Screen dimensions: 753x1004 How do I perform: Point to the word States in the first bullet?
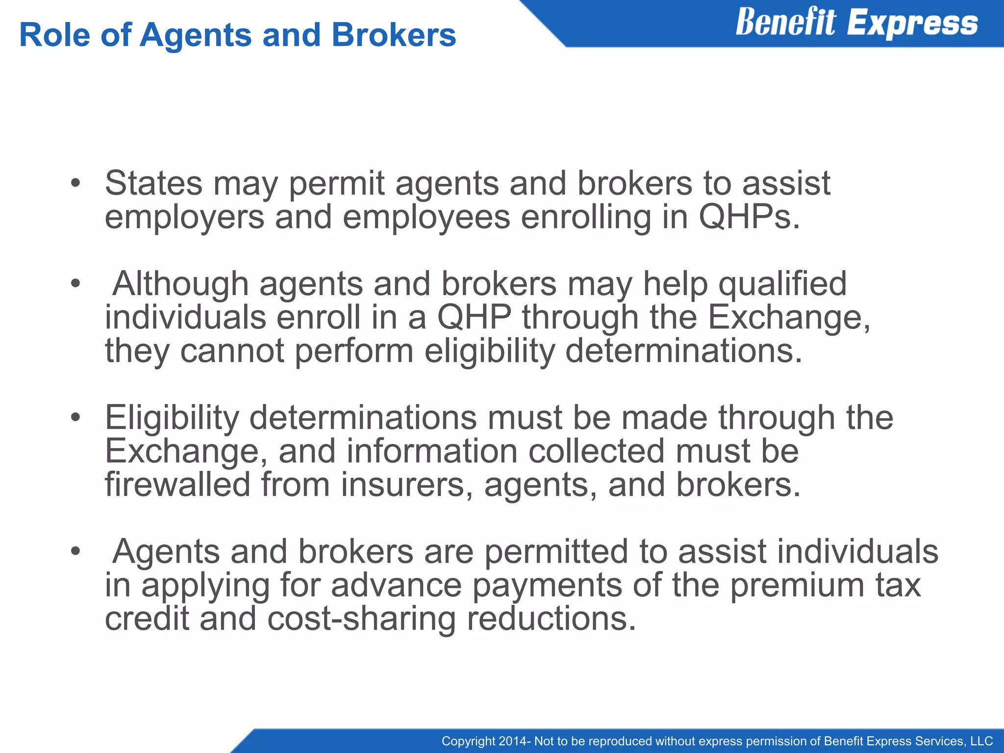(153, 183)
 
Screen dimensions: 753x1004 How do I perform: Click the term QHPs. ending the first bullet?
(749, 217)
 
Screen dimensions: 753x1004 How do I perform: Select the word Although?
(180, 284)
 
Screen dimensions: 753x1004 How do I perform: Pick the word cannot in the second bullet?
(232, 351)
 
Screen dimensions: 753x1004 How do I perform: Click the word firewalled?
(177, 484)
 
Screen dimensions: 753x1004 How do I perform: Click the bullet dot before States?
(75, 183)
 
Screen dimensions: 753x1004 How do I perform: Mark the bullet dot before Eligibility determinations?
(75, 418)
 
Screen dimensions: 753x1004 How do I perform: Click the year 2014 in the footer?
(512, 741)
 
